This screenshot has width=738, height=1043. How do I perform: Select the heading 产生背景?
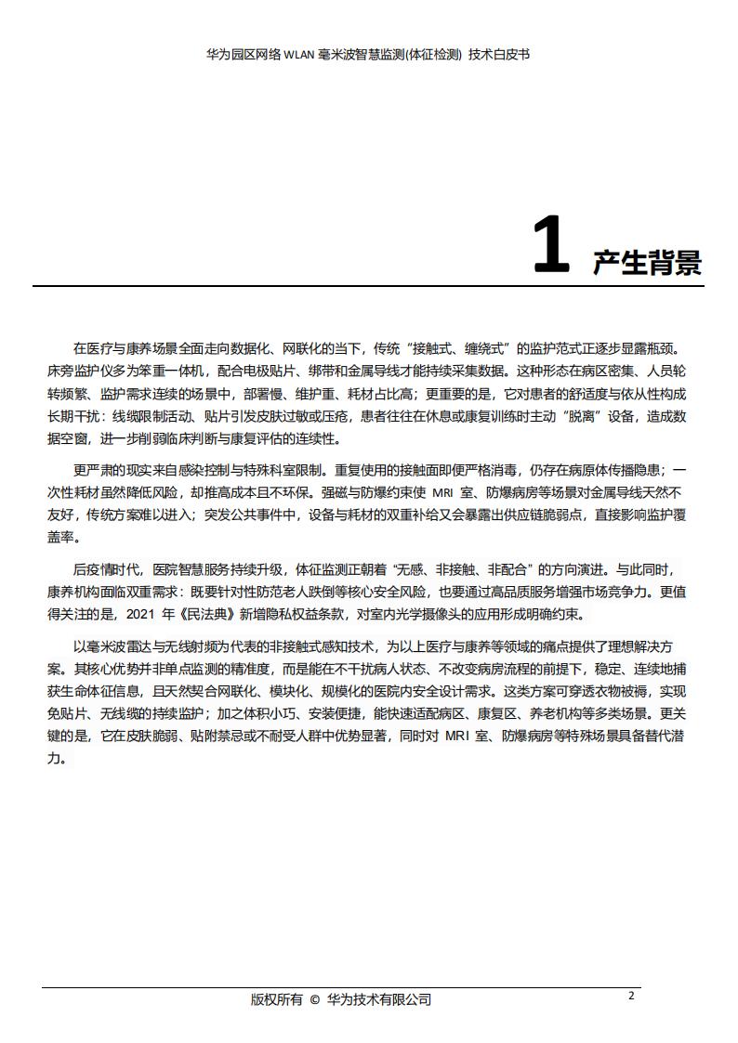(647, 262)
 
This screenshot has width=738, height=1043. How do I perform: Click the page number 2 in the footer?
(631, 996)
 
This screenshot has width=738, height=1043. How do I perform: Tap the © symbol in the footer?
(314, 999)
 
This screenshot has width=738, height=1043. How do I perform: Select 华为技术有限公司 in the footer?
(379, 999)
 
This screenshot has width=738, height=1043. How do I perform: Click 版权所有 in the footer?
(277, 999)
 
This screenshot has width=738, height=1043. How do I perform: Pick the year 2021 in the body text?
(138, 615)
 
